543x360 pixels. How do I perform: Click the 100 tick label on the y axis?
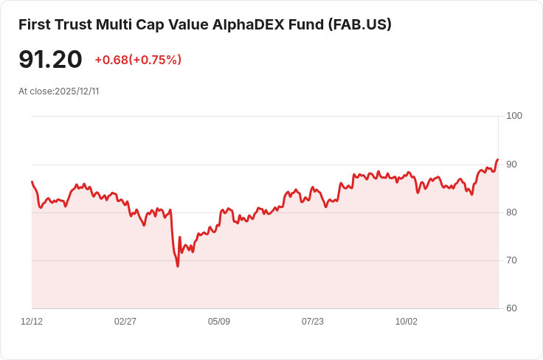point(514,116)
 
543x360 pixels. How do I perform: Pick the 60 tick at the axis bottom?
point(512,308)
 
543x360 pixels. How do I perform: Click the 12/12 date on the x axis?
point(32,322)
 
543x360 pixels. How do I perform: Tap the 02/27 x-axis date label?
point(125,322)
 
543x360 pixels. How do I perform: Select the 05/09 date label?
point(219,322)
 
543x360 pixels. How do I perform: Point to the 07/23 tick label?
point(313,322)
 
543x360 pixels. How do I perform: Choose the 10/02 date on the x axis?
point(407,322)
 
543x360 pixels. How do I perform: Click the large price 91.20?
point(50,60)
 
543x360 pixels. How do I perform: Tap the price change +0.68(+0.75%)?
point(138,60)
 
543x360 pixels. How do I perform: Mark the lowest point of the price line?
point(178,266)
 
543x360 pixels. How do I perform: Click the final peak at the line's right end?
point(498,159)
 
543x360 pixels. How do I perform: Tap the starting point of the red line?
point(32,181)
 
